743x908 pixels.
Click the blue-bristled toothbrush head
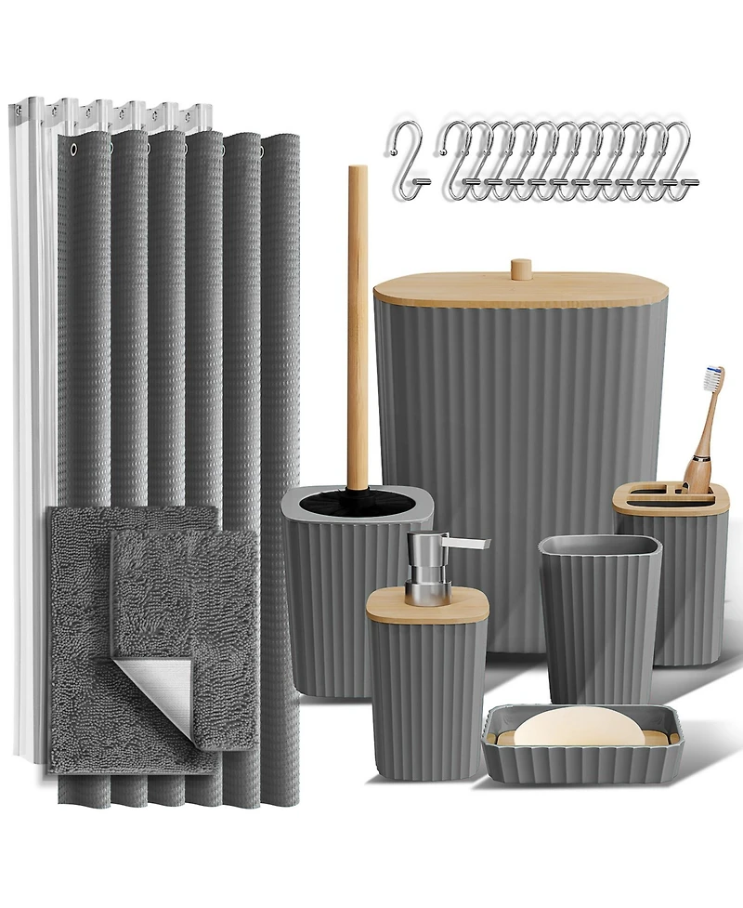tap(713, 377)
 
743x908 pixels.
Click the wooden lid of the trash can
tap(520, 297)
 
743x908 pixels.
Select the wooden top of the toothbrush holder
tap(669, 501)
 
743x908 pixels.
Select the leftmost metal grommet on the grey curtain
tap(72, 148)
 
